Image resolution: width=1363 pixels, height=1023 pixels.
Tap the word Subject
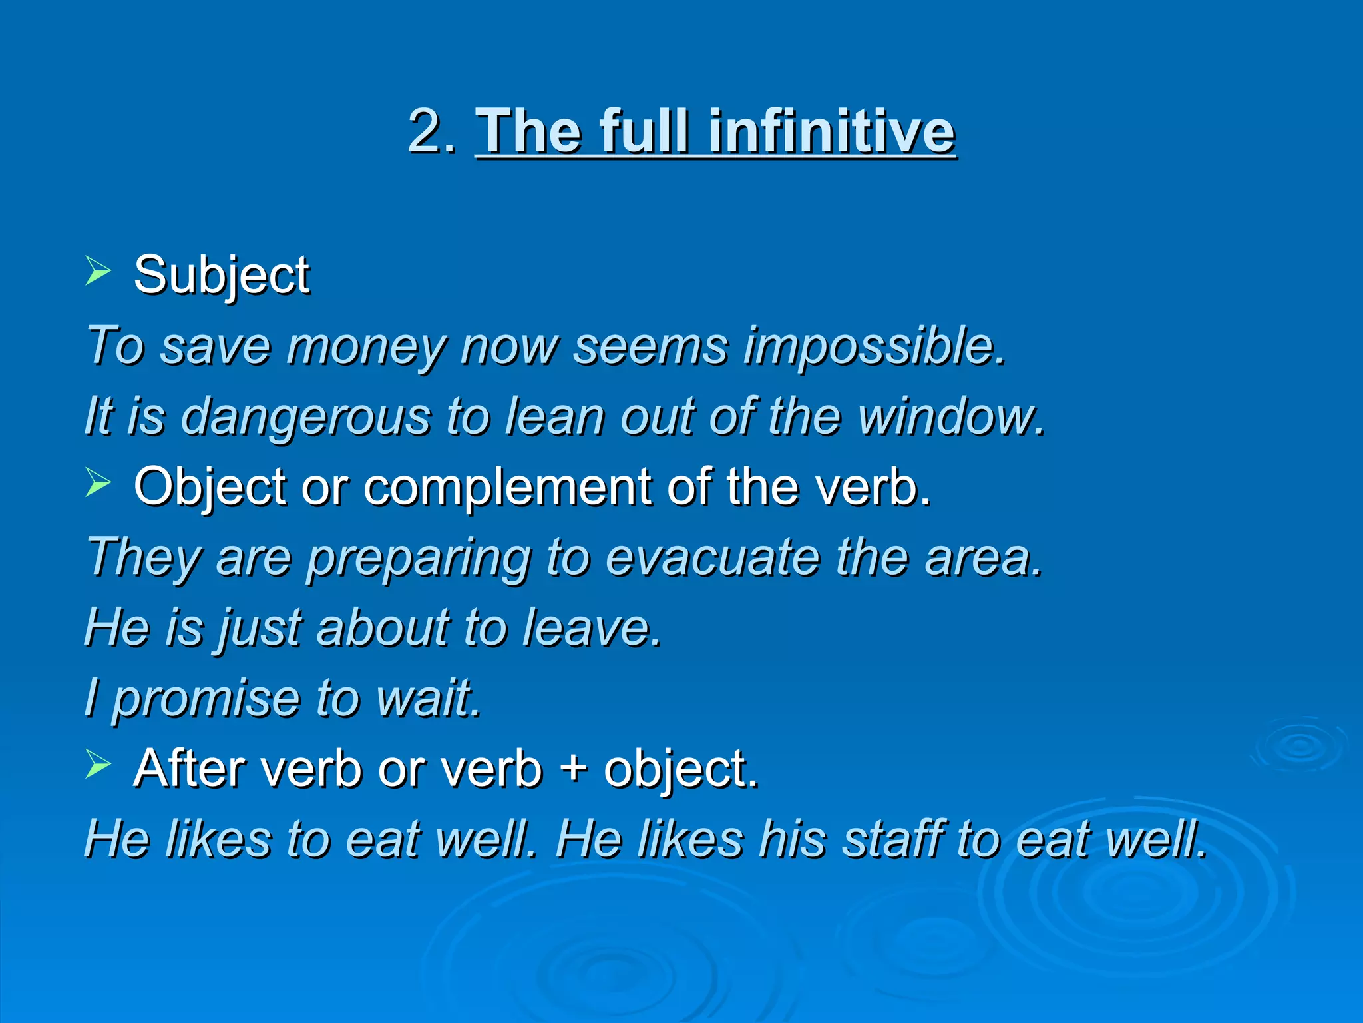click(x=222, y=276)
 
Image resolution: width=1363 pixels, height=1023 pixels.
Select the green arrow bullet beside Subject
click(x=98, y=272)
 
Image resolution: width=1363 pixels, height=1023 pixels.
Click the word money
click(x=365, y=348)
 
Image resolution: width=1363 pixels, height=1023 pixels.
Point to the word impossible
click(x=874, y=348)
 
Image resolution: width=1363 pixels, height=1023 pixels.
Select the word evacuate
click(x=713, y=558)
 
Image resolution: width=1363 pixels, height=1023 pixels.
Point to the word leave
click(x=591, y=628)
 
